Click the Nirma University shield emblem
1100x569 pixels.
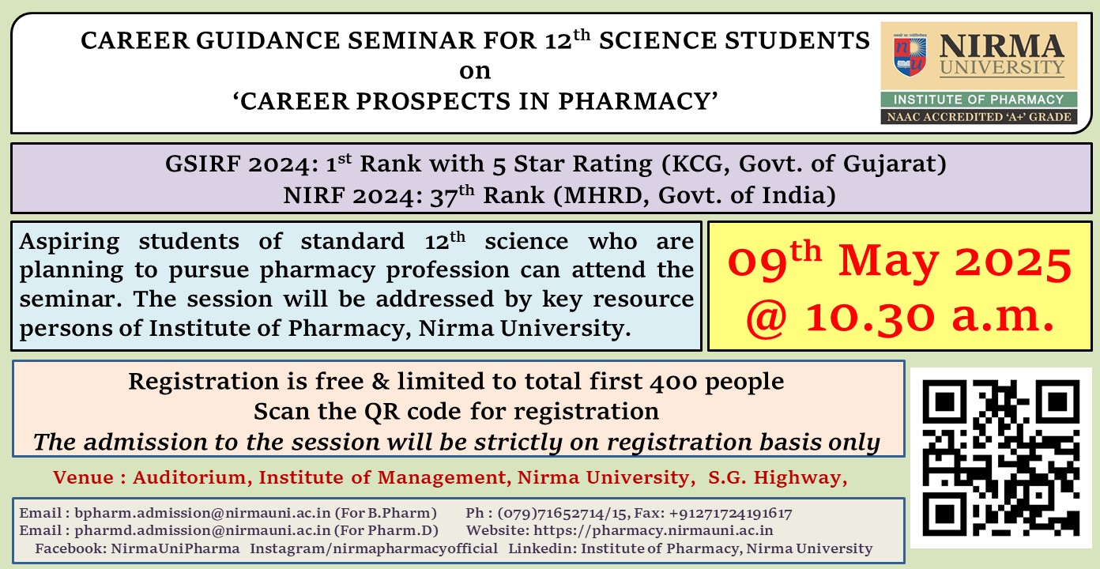tap(910, 55)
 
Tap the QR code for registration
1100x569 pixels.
tap(1000, 458)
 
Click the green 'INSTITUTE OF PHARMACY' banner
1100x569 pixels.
tap(978, 100)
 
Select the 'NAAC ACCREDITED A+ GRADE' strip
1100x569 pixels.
tap(978, 117)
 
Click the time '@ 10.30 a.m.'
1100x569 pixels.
tap(899, 317)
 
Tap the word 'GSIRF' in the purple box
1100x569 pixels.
tap(202, 164)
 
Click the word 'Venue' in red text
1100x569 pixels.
tap(83, 477)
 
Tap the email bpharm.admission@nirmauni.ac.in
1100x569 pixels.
tap(202, 513)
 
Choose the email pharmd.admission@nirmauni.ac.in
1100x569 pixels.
tap(202, 530)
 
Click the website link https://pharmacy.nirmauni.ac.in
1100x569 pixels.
tap(653, 530)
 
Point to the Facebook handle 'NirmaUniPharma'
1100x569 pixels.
tap(175, 548)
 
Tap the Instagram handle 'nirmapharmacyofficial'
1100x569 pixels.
tap(416, 548)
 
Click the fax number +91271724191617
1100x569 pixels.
tap(730, 514)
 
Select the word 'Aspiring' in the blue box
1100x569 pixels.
tap(70, 242)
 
